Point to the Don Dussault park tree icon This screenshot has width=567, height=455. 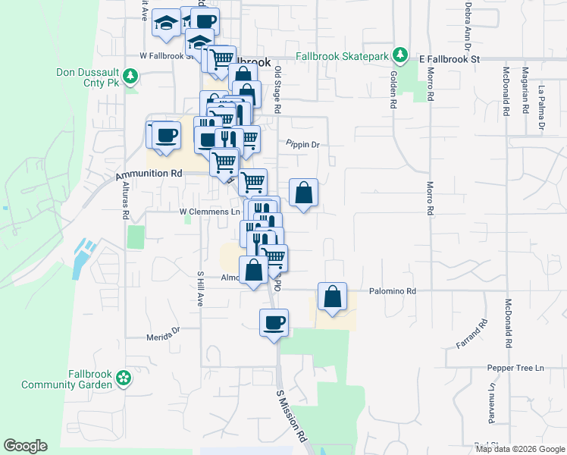tap(130, 75)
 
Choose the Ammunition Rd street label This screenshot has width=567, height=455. tap(149, 174)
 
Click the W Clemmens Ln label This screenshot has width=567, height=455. tap(209, 212)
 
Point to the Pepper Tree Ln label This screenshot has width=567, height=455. tap(516, 369)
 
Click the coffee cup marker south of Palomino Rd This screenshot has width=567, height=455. tap(274, 323)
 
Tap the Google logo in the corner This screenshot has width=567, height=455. tap(25, 446)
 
